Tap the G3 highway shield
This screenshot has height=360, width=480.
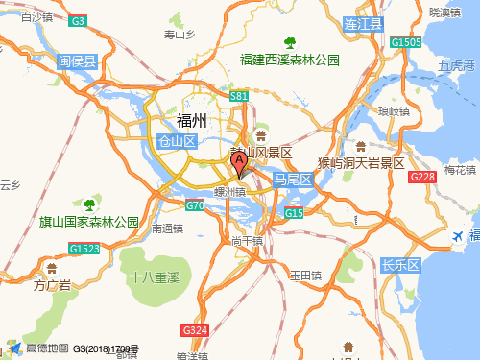pos(79,20)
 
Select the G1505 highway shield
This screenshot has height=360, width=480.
pos(406,42)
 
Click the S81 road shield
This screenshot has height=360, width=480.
pos(240,97)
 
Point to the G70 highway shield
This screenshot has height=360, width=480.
pos(195,205)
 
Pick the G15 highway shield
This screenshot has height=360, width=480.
pos(294,212)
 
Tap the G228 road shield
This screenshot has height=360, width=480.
pos(422,178)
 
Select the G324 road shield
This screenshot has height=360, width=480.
pos(195,330)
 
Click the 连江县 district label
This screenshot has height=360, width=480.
pos(364,22)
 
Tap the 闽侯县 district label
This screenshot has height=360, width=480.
pos(78,62)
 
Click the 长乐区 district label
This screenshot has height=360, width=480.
pos(401,264)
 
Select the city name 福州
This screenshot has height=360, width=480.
pos(191,120)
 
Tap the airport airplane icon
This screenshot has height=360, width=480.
pos(458,236)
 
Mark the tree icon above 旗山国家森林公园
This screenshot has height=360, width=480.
pos(89,204)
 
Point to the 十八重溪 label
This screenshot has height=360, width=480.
pos(156,276)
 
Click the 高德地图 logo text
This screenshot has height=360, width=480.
pos(48,348)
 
